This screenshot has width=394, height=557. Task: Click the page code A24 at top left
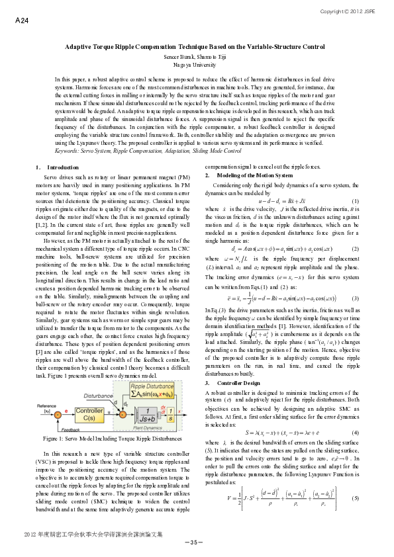[x=21, y=21]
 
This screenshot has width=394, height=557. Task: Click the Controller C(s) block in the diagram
[x=88, y=395]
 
